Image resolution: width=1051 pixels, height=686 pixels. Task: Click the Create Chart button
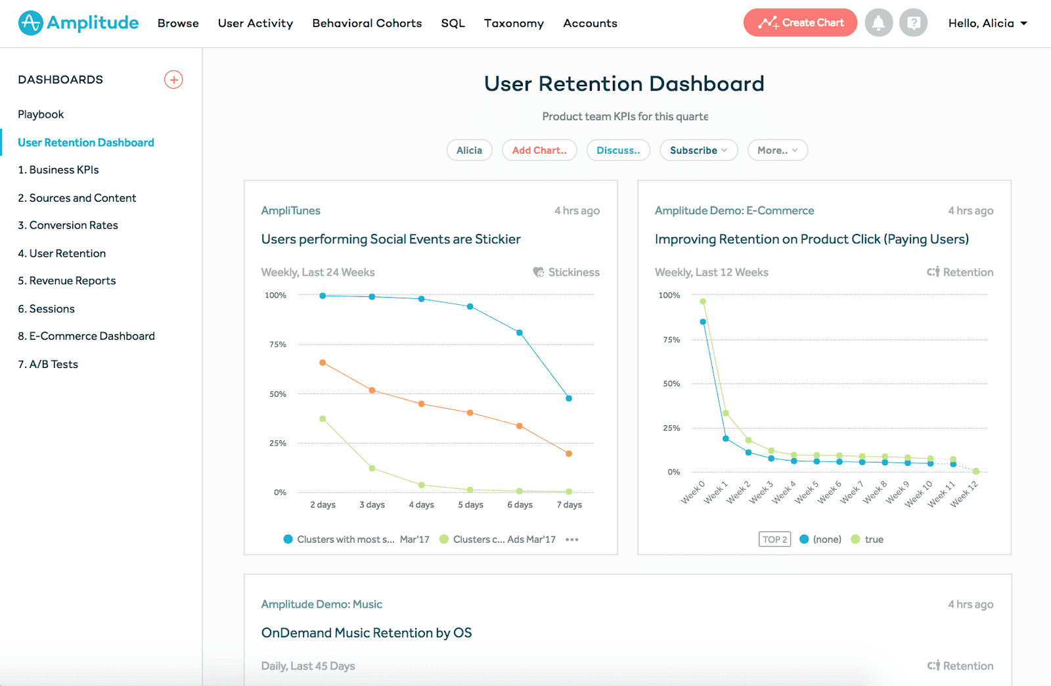pyautogui.click(x=800, y=23)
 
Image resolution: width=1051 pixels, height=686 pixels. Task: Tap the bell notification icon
pyautogui.click(x=878, y=23)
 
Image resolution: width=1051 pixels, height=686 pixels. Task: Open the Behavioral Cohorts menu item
pyautogui.click(x=367, y=23)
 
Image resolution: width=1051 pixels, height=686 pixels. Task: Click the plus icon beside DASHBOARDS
pyautogui.click(x=173, y=80)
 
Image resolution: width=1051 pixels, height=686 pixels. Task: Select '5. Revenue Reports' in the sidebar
pyautogui.click(x=67, y=281)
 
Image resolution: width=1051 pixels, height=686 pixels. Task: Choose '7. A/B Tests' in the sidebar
pyautogui.click(x=48, y=364)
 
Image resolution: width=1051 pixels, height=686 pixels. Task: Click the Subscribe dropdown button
pyautogui.click(x=698, y=150)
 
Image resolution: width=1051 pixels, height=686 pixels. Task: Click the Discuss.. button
pyautogui.click(x=617, y=150)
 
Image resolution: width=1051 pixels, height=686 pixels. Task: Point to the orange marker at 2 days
pyautogui.click(x=323, y=363)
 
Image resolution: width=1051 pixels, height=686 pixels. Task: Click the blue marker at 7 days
pyautogui.click(x=569, y=398)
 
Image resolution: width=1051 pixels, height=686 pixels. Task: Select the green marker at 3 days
pyautogui.click(x=372, y=469)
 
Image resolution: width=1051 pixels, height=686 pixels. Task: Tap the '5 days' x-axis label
pyautogui.click(x=470, y=505)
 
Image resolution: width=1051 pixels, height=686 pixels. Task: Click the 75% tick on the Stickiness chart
pyautogui.click(x=277, y=344)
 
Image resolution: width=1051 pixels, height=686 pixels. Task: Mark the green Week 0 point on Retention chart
pyautogui.click(x=703, y=302)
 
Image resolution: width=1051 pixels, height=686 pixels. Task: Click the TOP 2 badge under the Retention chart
pyautogui.click(x=774, y=539)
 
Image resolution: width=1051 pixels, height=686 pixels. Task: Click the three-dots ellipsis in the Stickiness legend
pyautogui.click(x=572, y=539)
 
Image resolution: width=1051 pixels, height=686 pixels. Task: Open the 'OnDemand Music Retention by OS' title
pyautogui.click(x=367, y=633)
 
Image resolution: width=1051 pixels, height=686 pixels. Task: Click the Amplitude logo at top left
pyautogui.click(x=78, y=23)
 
